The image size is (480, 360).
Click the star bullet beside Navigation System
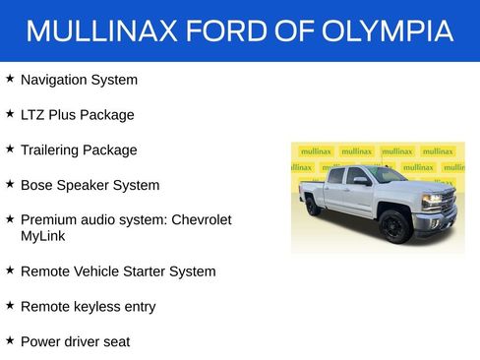[10, 78]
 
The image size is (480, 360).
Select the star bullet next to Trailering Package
[10, 149]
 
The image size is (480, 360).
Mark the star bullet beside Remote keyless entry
[10, 305]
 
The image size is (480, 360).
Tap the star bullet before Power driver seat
[10, 339]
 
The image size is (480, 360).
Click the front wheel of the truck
[394, 225]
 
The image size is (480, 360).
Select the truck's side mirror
[362, 181]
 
